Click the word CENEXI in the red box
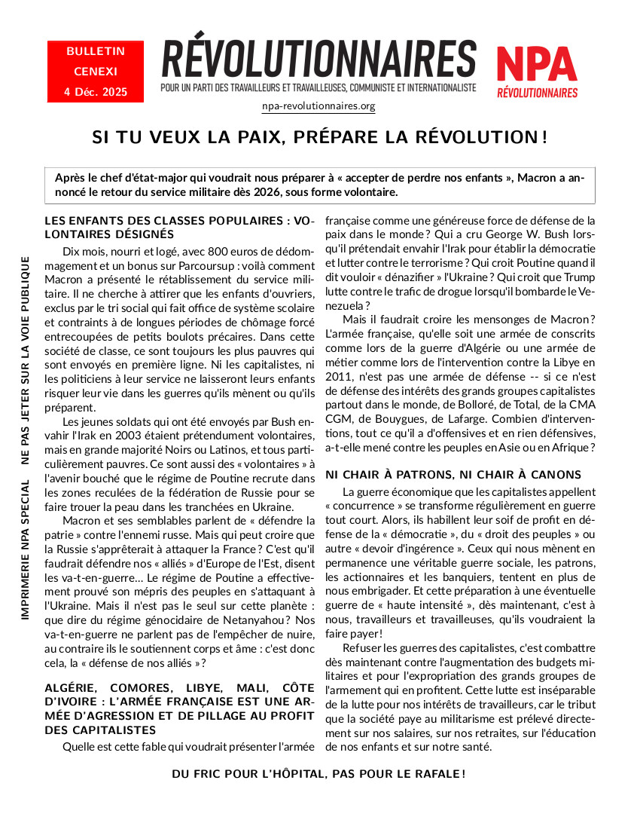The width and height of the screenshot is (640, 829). [96, 72]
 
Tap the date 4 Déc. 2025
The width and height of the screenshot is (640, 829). [96, 92]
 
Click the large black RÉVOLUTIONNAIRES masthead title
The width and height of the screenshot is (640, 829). [318, 59]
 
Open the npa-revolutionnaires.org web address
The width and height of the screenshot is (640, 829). [318, 106]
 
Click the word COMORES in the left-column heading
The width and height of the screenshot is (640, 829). [136, 688]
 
